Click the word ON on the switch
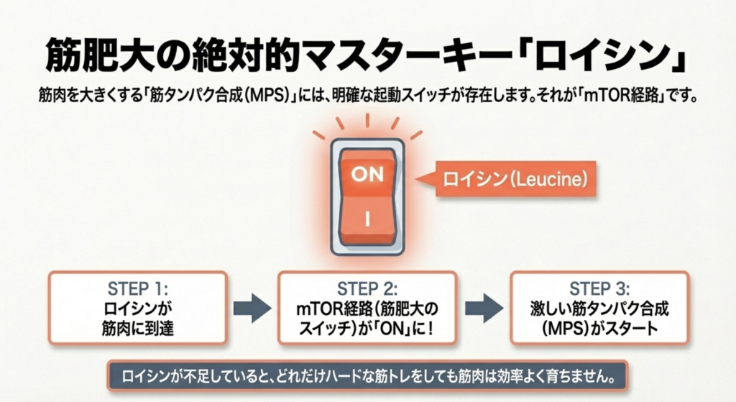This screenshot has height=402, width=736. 367,175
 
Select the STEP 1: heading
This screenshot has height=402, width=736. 138,289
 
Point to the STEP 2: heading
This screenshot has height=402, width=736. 368,289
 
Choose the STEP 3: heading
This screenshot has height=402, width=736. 599,289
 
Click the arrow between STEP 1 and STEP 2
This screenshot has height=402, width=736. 252,308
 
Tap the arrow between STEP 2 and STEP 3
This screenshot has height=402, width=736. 484,308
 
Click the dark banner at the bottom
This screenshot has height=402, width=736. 367,376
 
